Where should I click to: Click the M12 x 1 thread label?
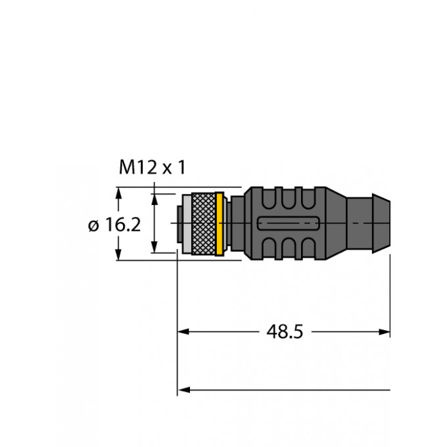pos(152,168)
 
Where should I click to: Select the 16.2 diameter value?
pos(124,225)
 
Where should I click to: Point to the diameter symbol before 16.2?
pos(94,225)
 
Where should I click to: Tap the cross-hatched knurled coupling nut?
pos(204,224)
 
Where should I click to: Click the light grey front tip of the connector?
pos(186,224)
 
